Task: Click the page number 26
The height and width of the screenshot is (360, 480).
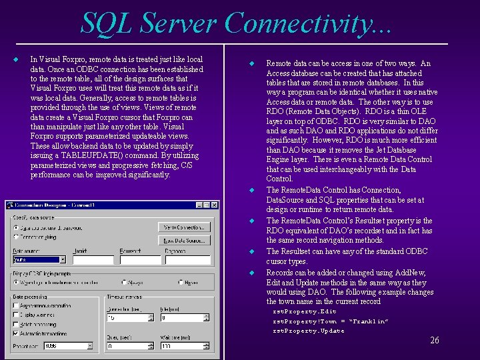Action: tap(434, 341)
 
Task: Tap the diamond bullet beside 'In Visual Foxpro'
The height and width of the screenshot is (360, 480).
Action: tap(16, 59)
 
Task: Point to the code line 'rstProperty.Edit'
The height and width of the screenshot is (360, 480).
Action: tap(305, 311)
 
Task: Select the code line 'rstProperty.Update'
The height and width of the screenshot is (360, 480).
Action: tap(309, 331)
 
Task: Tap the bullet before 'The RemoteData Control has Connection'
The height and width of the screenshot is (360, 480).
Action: tap(252, 191)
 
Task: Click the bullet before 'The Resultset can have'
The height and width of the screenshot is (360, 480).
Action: tap(252, 252)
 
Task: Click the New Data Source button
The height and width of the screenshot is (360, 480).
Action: tap(181, 240)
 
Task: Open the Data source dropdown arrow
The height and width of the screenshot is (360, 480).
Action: tap(63, 260)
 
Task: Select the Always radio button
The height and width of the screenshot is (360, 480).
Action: tap(124, 282)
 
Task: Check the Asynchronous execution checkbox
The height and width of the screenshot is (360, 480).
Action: tap(16, 305)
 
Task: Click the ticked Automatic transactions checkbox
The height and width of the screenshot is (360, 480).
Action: tap(16, 333)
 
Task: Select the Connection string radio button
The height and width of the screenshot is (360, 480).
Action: tap(16, 237)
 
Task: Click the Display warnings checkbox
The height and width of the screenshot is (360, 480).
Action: tap(16, 315)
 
